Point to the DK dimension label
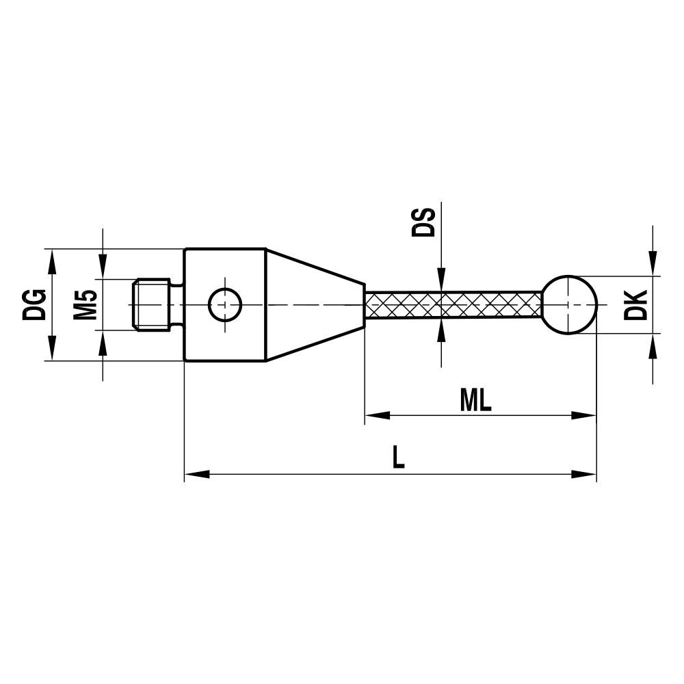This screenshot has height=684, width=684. pos(636,305)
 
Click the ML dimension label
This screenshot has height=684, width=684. pos(476,400)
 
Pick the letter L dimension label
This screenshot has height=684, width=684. pos(398,457)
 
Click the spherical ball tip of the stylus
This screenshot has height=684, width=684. pos(570,304)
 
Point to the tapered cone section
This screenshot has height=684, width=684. pos(315,304)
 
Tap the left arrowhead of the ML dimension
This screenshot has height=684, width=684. pos(377,415)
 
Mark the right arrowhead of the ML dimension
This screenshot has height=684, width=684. pos(584,415)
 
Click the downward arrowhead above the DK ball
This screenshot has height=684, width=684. pos(653,263)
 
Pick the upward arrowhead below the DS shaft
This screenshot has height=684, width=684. pos(442,331)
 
